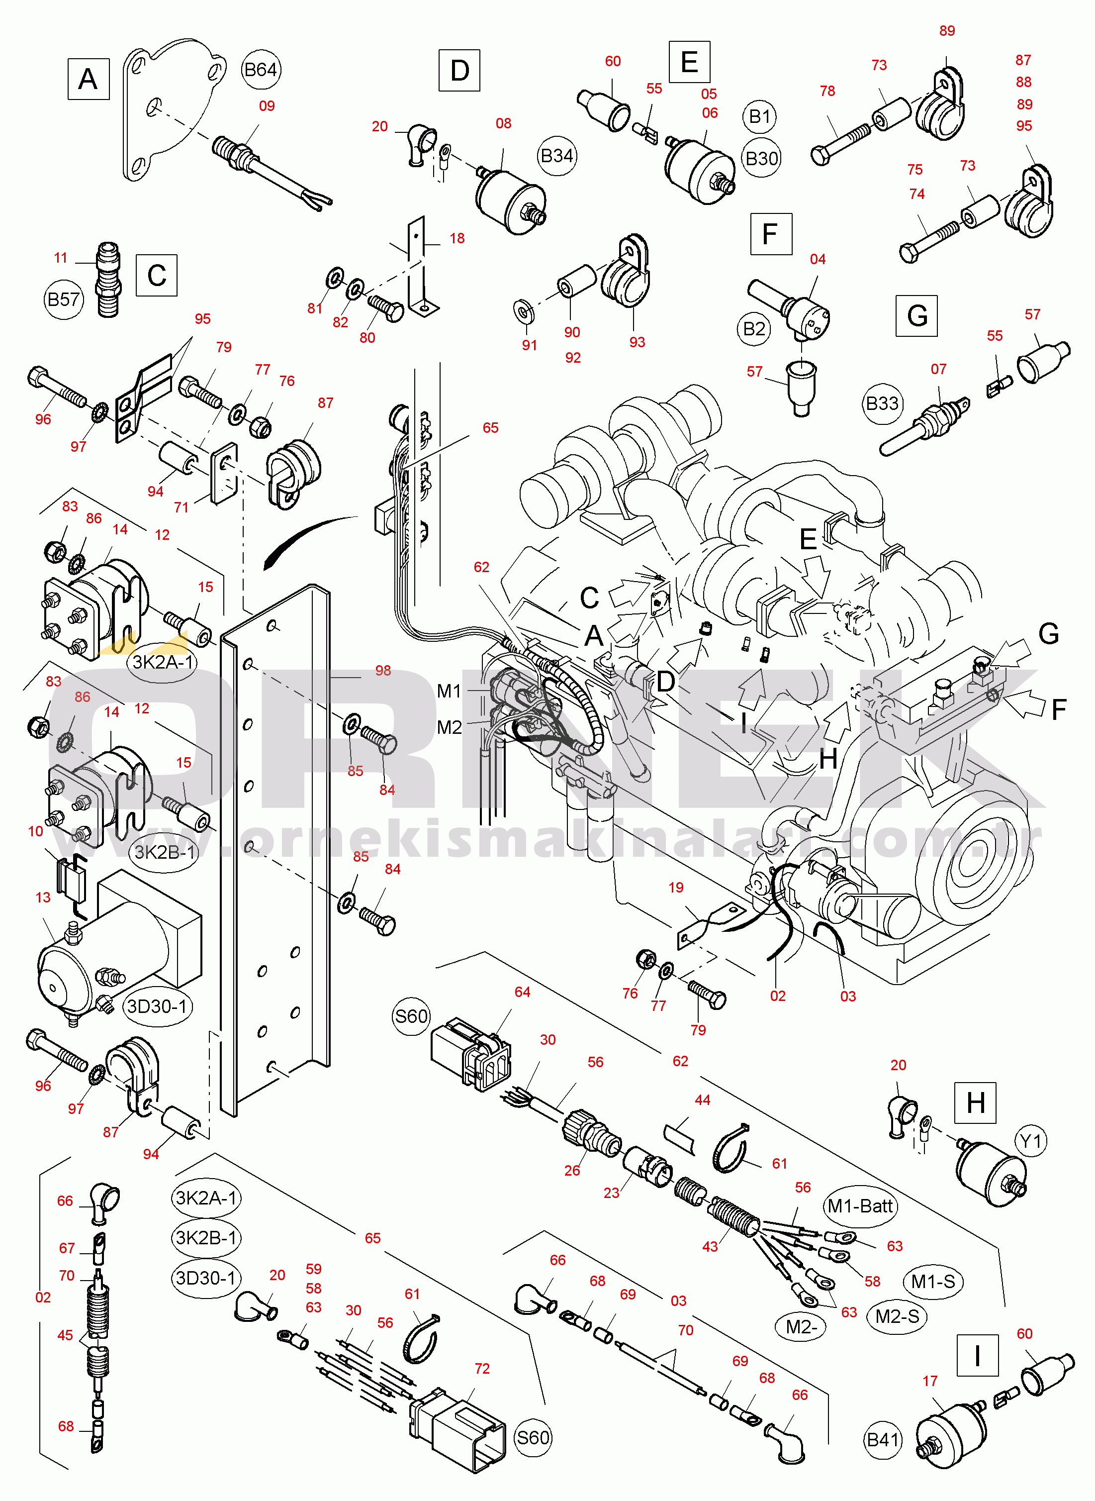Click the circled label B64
pyautogui.click(x=261, y=70)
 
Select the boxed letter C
pyautogui.click(x=157, y=275)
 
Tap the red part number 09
pyautogui.click(x=267, y=106)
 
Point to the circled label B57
pyautogui.click(x=64, y=300)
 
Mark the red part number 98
pyautogui.click(x=383, y=670)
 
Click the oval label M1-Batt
pyautogui.click(x=860, y=1206)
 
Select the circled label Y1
pyautogui.click(x=1031, y=1142)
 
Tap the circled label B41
pyautogui.click(x=884, y=1440)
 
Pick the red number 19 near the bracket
pyautogui.click(x=675, y=887)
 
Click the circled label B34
pyautogui.click(x=557, y=156)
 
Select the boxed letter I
pyautogui.click(x=977, y=1356)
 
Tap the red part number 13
pyautogui.click(x=43, y=898)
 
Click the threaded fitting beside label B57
pyautogui.click(x=108, y=279)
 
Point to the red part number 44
pyautogui.click(x=702, y=1100)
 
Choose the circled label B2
pyautogui.click(x=754, y=329)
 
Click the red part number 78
pyautogui.click(x=827, y=91)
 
